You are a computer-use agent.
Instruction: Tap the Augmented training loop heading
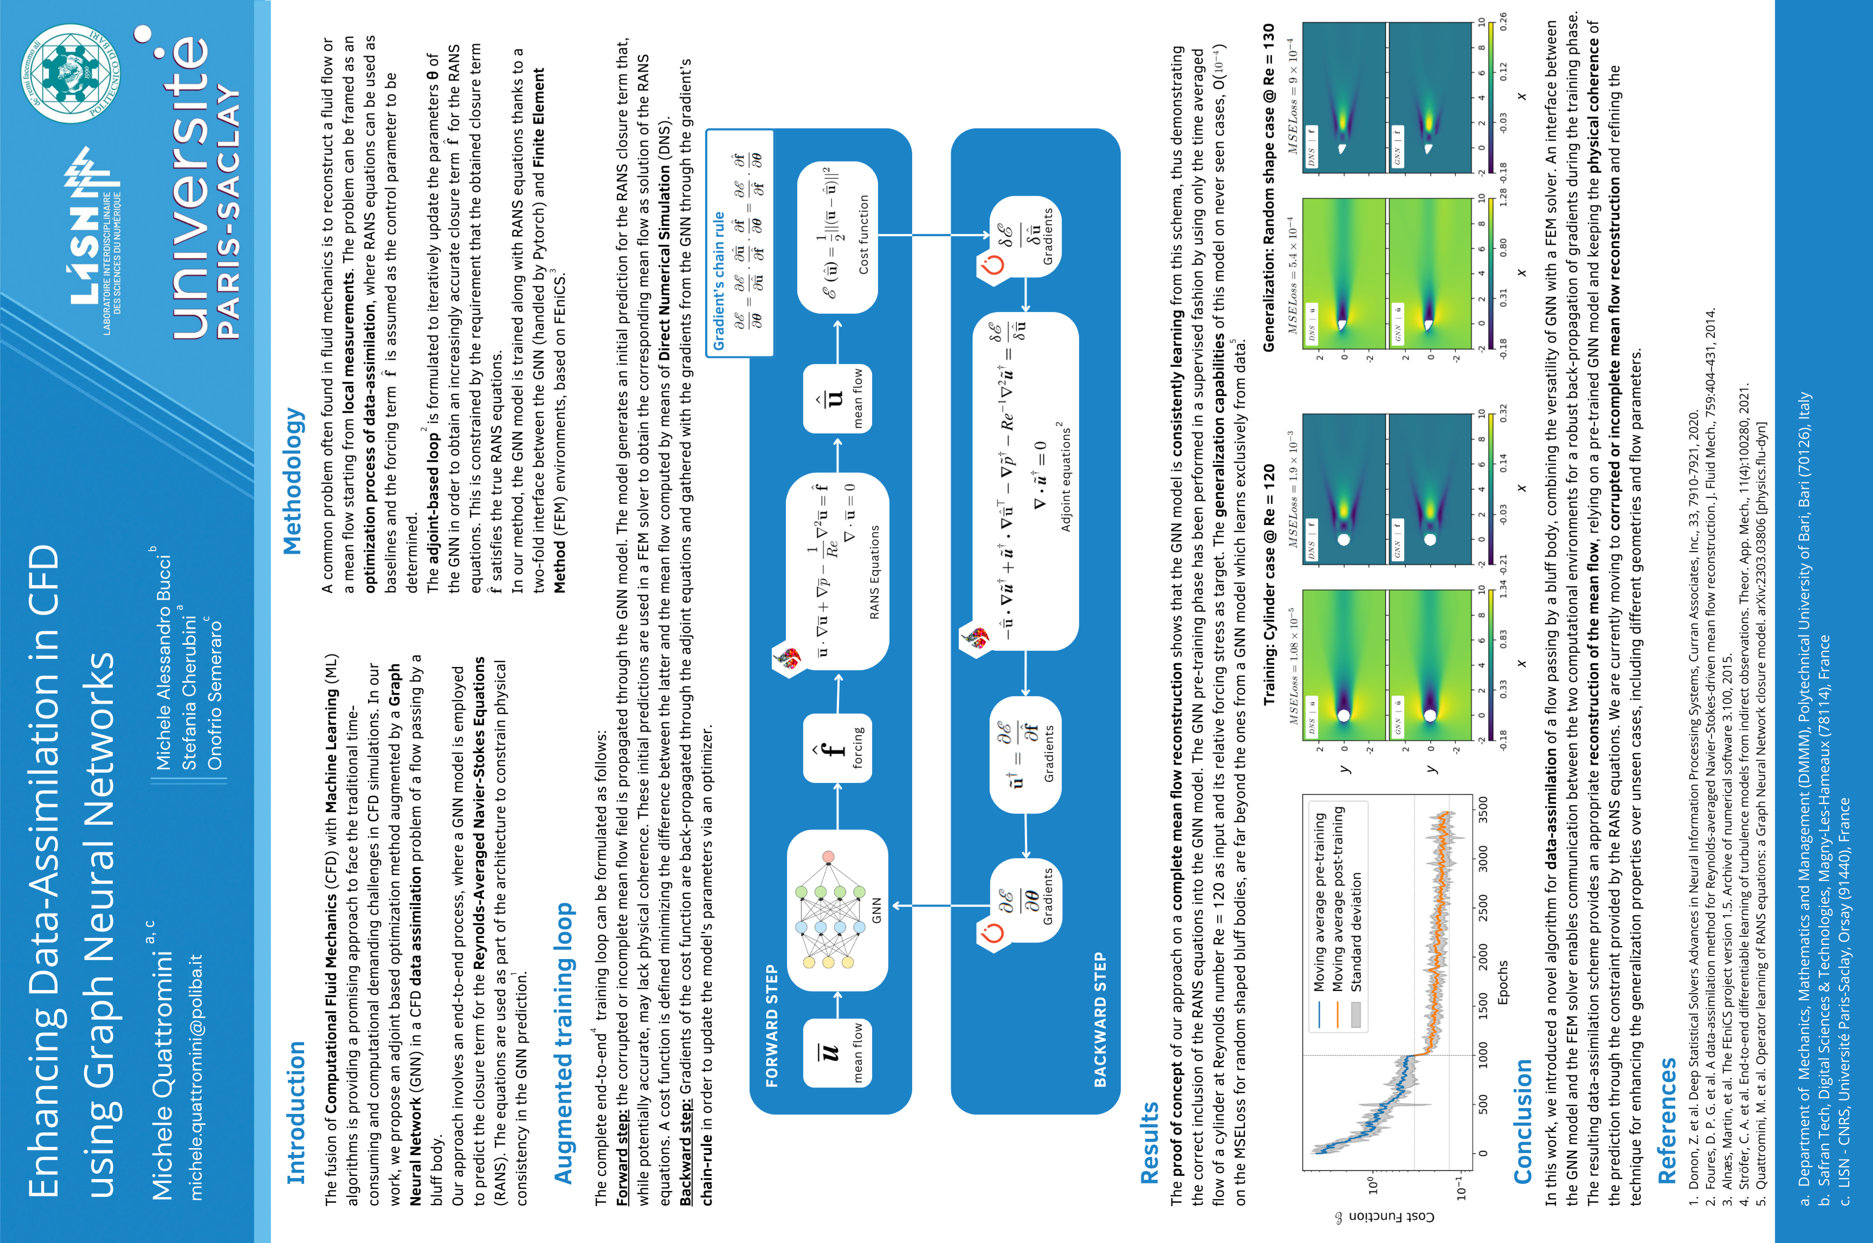pyautogui.click(x=563, y=1043)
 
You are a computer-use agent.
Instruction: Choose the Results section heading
pyautogui.click(x=1149, y=1142)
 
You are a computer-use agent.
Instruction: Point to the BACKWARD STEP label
pyautogui.click(x=1100, y=1019)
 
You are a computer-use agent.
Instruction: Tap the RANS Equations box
pyautogui.click(x=837, y=571)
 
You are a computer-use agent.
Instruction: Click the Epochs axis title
pyautogui.click(x=1503, y=982)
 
